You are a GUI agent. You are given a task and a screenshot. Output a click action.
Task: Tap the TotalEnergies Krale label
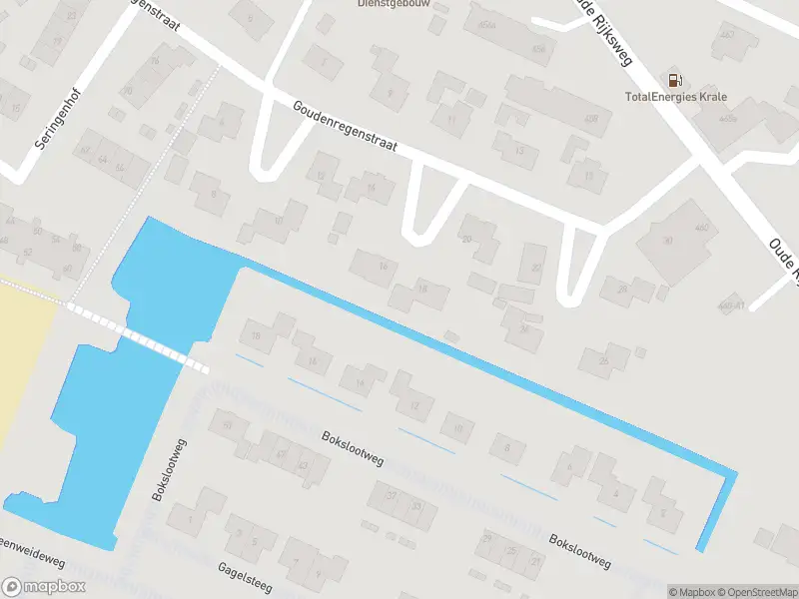tap(676, 97)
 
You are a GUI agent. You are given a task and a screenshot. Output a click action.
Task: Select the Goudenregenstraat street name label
tap(345, 125)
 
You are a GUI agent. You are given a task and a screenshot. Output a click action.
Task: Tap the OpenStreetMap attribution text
tap(757, 592)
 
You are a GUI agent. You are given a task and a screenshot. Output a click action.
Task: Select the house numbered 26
tap(604, 359)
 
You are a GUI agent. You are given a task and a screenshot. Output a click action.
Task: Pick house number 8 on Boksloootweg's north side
tap(508, 449)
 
